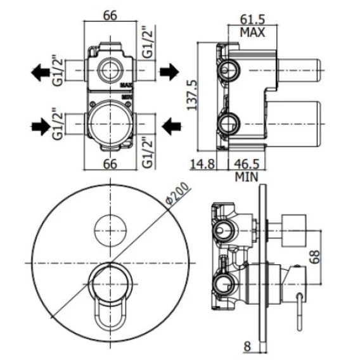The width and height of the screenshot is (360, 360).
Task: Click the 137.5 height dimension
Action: pyautogui.click(x=192, y=95)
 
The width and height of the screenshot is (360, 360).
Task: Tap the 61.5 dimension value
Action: pyautogui.click(x=252, y=20)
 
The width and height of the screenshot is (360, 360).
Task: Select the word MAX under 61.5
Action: pyautogui.click(x=252, y=32)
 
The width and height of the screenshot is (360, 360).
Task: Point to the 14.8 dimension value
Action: pyautogui.click(x=203, y=164)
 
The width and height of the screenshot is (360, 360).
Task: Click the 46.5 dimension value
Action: pyautogui.click(x=247, y=164)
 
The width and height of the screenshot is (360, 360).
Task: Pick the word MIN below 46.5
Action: pyautogui.click(x=247, y=177)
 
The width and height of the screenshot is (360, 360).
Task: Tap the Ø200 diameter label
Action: pyautogui.click(x=178, y=193)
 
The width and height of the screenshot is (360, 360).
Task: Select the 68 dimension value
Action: pyautogui.click(x=315, y=257)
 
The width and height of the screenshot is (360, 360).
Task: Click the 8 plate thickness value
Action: pyautogui.click(x=247, y=346)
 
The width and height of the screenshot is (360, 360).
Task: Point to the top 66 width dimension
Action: pyautogui.click(x=110, y=16)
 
